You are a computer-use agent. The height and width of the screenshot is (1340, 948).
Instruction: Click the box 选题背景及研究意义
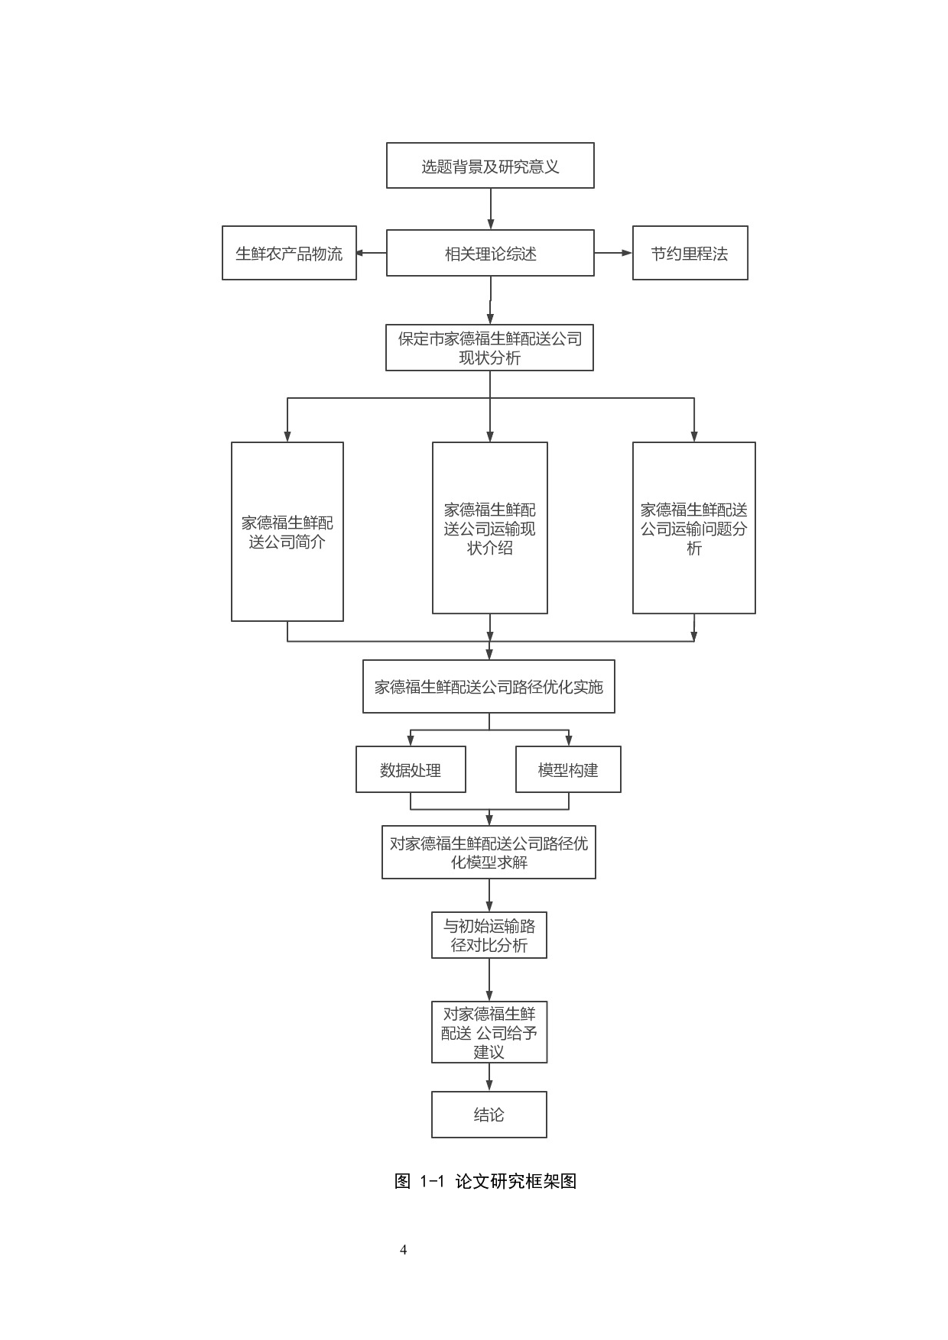click(x=490, y=166)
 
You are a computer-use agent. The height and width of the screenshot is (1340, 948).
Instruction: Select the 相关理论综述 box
click(x=490, y=253)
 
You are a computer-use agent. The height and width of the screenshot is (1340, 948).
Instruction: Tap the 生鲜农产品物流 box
click(x=289, y=253)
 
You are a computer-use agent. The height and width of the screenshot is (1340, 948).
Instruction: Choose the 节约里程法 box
click(x=690, y=253)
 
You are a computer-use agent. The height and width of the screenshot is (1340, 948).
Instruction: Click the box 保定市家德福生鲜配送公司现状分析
click(x=489, y=348)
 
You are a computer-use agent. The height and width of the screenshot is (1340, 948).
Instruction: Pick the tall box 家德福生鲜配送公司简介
click(x=287, y=532)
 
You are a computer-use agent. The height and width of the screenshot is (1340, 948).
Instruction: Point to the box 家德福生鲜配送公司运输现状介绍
click(x=490, y=528)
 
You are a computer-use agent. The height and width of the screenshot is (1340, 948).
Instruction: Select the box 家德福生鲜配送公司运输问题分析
click(x=693, y=528)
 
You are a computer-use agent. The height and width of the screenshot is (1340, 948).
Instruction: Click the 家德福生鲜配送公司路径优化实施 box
click(x=489, y=687)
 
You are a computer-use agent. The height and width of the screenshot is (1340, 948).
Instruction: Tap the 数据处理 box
click(x=411, y=769)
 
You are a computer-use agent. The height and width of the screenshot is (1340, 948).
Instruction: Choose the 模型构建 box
click(x=568, y=769)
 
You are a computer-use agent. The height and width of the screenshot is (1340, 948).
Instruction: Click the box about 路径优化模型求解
click(x=489, y=852)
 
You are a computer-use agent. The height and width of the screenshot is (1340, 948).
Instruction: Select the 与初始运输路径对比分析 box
click(x=489, y=935)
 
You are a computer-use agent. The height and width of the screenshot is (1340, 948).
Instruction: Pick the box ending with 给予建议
click(x=489, y=1032)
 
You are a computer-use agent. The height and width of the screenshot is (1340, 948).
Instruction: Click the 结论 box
click(x=489, y=1115)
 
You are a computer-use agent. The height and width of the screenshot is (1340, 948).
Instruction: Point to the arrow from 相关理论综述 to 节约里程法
click(x=613, y=253)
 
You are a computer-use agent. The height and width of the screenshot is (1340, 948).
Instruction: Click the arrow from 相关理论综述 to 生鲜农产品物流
click(x=372, y=253)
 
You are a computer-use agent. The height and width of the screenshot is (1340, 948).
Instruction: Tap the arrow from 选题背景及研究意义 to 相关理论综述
click(x=491, y=209)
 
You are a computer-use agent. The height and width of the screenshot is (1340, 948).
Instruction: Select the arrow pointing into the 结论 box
click(x=489, y=1077)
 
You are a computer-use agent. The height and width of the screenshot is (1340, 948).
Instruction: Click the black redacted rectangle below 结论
click(x=482, y=1208)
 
